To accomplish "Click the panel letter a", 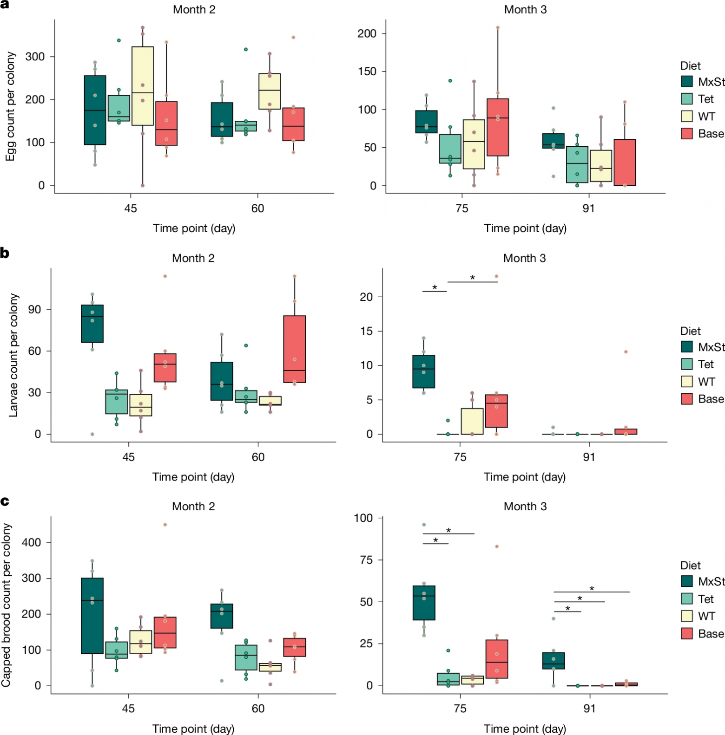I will [5, 4].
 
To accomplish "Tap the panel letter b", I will [5, 253].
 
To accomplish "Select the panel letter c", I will [5, 501].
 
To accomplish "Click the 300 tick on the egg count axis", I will [35, 57].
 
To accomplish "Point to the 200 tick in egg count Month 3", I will [367, 33].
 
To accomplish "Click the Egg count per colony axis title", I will [10, 106].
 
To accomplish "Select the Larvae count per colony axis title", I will [13, 355].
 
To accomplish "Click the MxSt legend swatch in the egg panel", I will [687, 82].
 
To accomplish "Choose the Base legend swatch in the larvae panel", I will [687, 399].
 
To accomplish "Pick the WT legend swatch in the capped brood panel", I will [687, 616].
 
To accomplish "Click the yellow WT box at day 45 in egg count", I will [143, 86].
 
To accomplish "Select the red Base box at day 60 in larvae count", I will [295, 349].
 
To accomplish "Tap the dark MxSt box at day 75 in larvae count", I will [424, 371].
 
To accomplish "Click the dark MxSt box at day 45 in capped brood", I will [92, 615].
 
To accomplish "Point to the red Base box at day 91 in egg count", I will [625, 163].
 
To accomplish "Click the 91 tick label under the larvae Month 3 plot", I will [589, 457].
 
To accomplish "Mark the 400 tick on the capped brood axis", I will [31, 542].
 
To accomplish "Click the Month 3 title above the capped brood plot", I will [525, 507].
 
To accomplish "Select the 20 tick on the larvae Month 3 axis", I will [366, 297].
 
